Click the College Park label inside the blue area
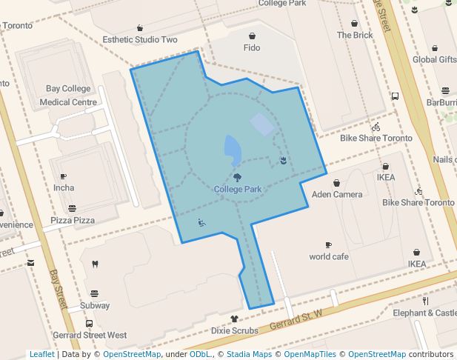237,190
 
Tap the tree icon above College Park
237,178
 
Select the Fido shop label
252,48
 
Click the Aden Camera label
337,195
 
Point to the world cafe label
329,257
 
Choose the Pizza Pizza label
73,221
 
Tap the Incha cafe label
64,188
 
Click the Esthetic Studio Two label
140,40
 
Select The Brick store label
355,35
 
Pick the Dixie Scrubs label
235,330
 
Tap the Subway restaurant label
95,305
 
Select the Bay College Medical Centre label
68,96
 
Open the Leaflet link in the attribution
41,355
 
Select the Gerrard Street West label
90,336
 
